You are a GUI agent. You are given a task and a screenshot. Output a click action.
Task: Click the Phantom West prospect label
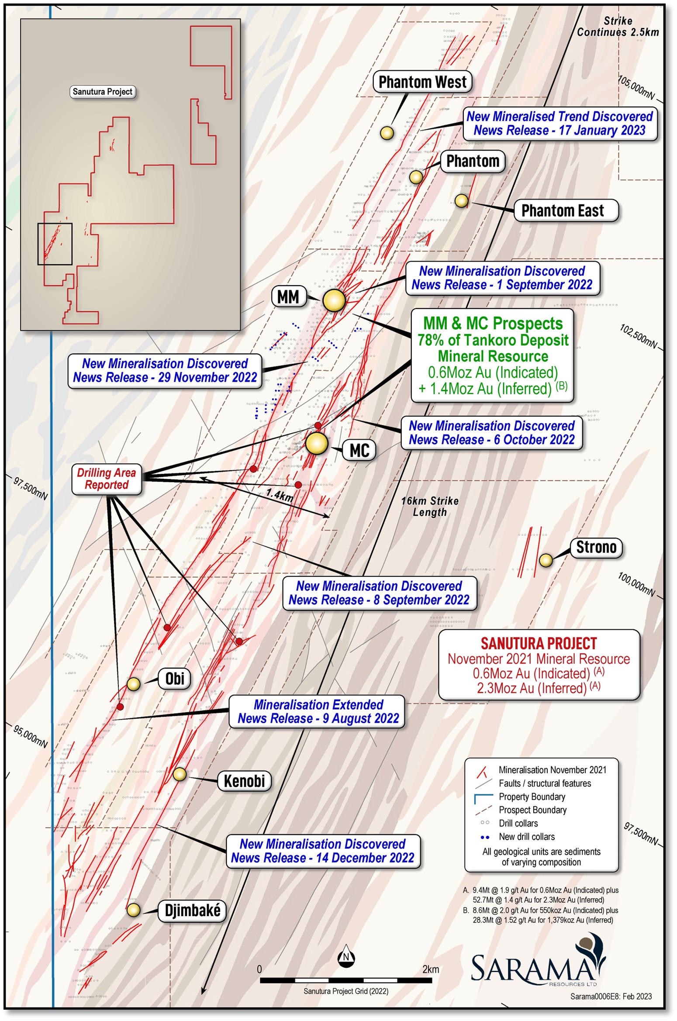click(x=422, y=82)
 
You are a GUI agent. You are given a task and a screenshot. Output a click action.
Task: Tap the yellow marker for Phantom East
click(x=461, y=200)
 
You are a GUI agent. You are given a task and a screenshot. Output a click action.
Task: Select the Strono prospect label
click(x=596, y=547)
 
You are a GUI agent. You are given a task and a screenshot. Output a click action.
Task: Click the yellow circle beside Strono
click(x=546, y=560)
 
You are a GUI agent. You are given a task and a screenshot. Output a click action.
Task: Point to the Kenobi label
click(x=244, y=781)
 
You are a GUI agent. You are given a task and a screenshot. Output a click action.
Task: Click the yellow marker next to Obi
click(x=133, y=683)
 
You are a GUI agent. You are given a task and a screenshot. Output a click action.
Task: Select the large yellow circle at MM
click(x=334, y=300)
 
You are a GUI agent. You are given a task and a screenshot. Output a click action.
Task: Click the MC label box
click(x=359, y=450)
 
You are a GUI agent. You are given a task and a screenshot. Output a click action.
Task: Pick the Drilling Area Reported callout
click(x=107, y=479)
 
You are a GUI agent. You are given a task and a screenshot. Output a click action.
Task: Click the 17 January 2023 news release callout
click(x=560, y=124)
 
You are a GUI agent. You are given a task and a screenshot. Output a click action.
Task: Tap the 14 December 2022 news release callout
click(x=323, y=851)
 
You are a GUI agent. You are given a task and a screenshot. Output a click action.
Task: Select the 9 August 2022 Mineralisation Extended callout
click(x=318, y=711)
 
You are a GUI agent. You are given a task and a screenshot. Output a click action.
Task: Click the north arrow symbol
click(x=346, y=957)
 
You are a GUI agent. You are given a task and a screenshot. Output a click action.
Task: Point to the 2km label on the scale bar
click(x=430, y=969)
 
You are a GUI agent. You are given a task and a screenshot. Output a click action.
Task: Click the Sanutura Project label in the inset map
click(x=103, y=92)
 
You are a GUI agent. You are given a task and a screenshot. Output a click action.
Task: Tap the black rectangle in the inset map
click(x=55, y=244)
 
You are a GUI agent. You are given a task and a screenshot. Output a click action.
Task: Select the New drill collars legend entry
click(x=526, y=837)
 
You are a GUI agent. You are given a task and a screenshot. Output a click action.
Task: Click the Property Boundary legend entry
click(x=532, y=797)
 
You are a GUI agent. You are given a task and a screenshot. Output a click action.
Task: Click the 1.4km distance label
click(x=280, y=495)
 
